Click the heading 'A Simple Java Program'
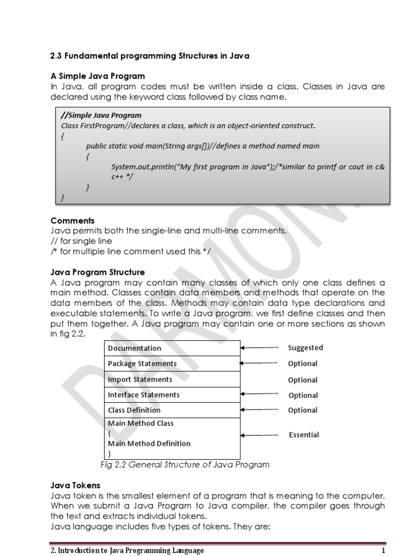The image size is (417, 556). tap(98, 75)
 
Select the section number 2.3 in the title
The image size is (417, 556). tap(56, 56)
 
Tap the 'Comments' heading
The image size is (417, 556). tap(72, 220)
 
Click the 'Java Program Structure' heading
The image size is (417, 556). tap(98, 272)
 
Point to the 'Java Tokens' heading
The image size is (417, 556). tap(75, 485)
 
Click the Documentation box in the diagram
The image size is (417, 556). tap(172, 348)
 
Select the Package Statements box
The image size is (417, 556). tap(172, 363)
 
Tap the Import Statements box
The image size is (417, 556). tap(172, 379)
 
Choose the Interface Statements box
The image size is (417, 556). tap(172, 394)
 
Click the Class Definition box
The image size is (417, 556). tap(172, 410)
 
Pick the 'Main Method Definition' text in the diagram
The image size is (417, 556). tap(149, 444)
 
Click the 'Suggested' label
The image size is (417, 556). tap(305, 347)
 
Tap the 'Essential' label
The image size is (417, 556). tap(304, 434)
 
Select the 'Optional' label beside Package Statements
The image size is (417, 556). tap(302, 363)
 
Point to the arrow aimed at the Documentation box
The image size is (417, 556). tap(260, 347)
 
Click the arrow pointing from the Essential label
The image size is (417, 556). tap(260, 434)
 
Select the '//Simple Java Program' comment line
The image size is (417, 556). tap(101, 115)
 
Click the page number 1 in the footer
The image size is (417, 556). tap(383, 551)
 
